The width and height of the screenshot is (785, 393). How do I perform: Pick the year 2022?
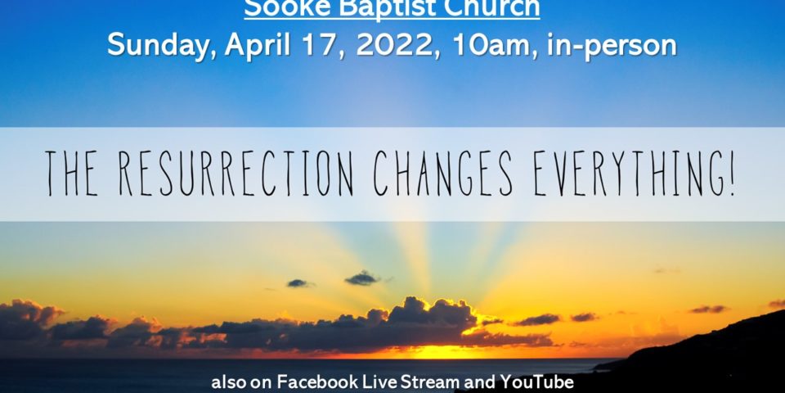[396, 46]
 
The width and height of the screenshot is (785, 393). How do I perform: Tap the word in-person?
[612, 47]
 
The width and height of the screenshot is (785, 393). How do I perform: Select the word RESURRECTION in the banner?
[235, 174]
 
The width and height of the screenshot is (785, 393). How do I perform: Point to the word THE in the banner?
[72, 174]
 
